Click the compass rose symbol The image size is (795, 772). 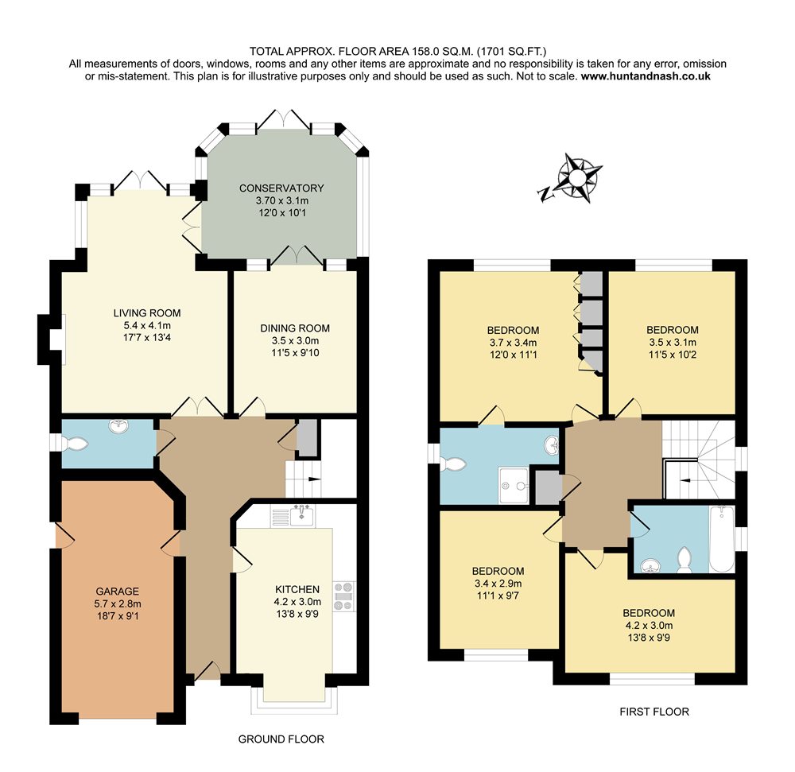coord(579,178)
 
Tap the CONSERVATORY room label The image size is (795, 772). coord(281,188)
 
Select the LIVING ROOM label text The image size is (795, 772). coord(147,313)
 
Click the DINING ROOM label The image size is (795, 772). coord(295,328)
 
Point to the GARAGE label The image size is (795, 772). coord(118,592)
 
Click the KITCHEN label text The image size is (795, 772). coord(297,589)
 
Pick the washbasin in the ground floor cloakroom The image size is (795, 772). coord(119,426)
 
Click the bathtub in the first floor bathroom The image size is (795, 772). coord(722,539)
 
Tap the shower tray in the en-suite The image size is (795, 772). coord(514,486)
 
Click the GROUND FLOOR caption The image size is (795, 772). coord(281,739)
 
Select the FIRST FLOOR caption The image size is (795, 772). coord(654,712)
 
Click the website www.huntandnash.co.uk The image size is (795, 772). coord(646,76)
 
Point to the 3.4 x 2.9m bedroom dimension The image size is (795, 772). coord(498,584)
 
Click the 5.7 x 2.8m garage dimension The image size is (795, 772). coord(118,603)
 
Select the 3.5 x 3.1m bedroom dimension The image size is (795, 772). coord(673,342)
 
